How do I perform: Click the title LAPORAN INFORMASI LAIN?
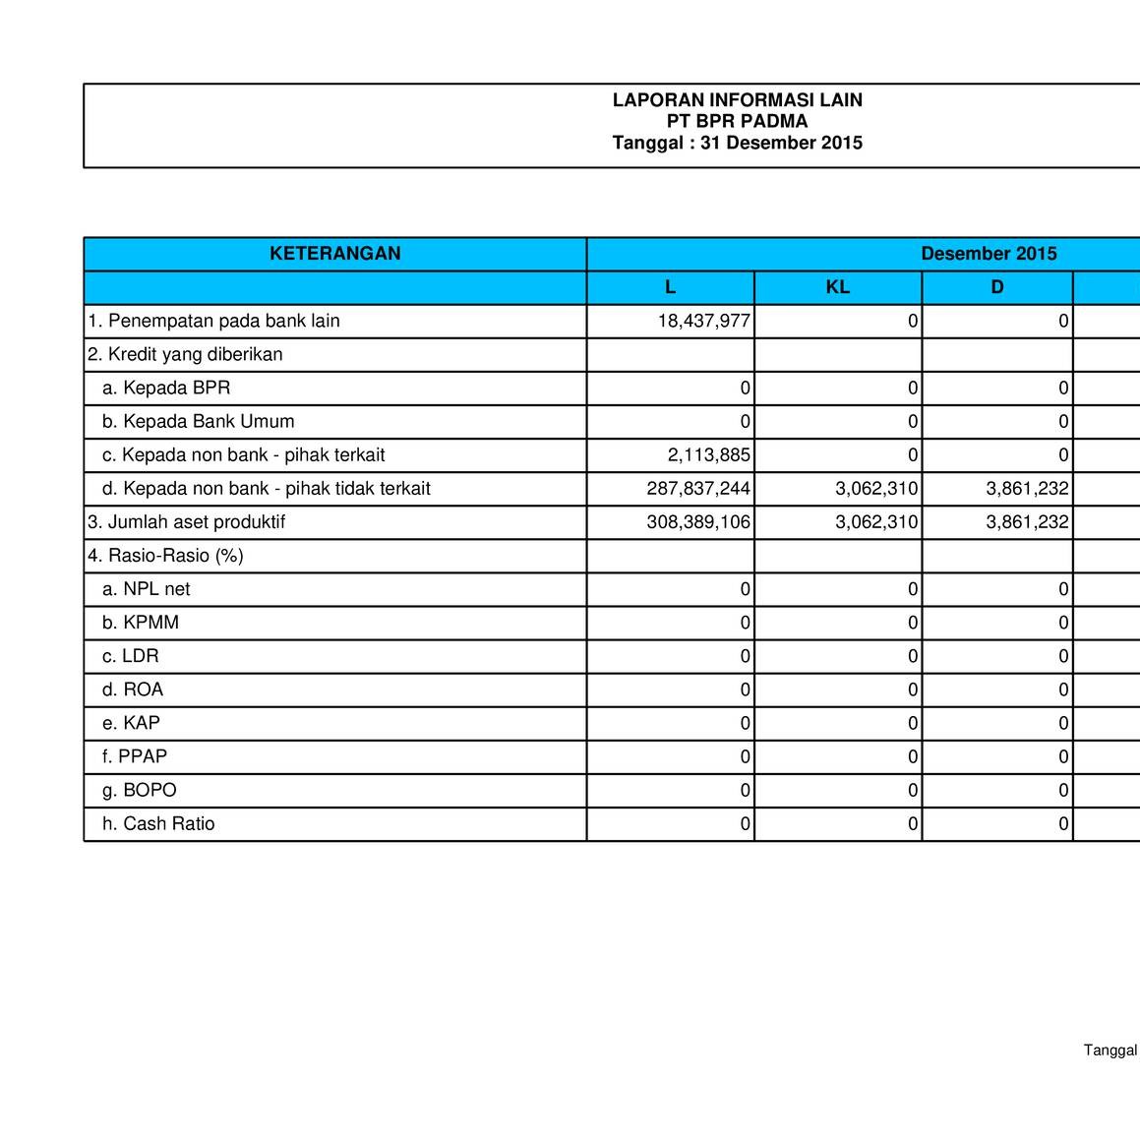[737, 100]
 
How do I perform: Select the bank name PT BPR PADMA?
[737, 122]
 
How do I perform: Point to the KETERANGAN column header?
[335, 254]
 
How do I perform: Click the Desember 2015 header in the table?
[989, 254]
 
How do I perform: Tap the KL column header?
[838, 287]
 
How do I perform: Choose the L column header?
[670, 287]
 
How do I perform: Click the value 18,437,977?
[704, 321]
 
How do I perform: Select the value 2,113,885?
[709, 455]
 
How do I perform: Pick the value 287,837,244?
[698, 489]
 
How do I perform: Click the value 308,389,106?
[698, 522]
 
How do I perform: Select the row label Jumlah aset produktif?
[187, 522]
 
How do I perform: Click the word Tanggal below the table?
[1110, 1050]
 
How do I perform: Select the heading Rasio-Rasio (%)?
[165, 556]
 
